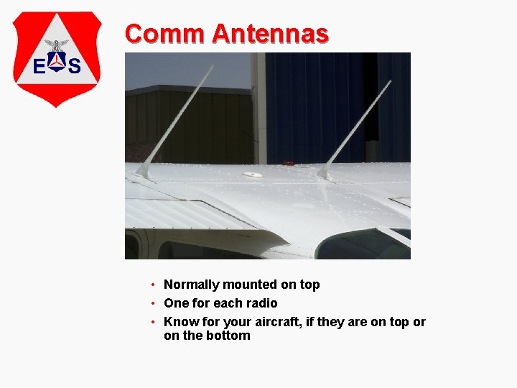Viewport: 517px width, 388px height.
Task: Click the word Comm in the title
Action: tap(164, 33)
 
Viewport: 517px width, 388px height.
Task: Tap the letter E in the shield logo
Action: tap(40, 67)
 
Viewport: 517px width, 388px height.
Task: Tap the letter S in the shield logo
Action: tap(74, 67)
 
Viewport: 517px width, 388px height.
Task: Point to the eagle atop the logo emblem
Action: tap(57, 45)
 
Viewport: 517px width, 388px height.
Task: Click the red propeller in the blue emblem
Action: tap(57, 63)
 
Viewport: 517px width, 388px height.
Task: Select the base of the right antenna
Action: tap(325, 173)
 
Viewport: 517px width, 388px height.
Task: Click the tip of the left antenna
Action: tap(213, 67)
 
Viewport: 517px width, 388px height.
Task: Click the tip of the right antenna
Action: tap(390, 81)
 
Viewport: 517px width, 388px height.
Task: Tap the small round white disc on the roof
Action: tap(253, 174)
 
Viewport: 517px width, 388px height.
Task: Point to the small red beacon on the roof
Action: tap(289, 164)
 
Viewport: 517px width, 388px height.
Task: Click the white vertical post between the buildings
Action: tap(258, 108)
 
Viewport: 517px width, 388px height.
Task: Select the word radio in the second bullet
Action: tap(261, 303)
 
